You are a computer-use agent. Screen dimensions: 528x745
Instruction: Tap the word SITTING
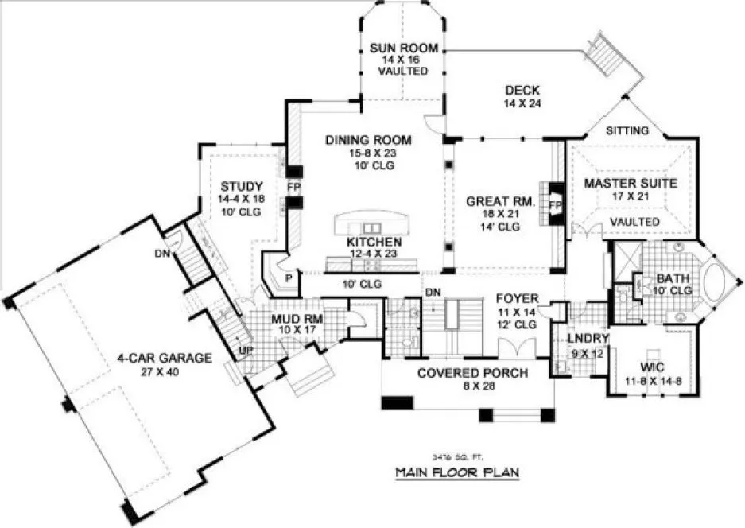627,130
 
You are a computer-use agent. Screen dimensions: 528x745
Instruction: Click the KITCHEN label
374,242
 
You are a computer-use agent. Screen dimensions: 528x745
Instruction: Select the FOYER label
517,299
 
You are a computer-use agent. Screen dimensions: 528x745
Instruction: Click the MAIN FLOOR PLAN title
457,472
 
